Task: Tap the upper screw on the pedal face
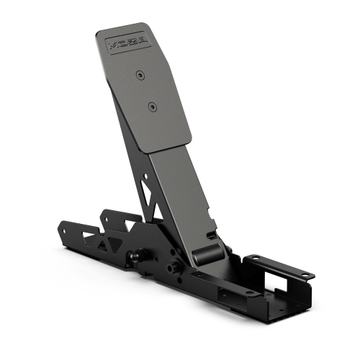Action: (x=138, y=73)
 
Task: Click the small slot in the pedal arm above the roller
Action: (x=213, y=235)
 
